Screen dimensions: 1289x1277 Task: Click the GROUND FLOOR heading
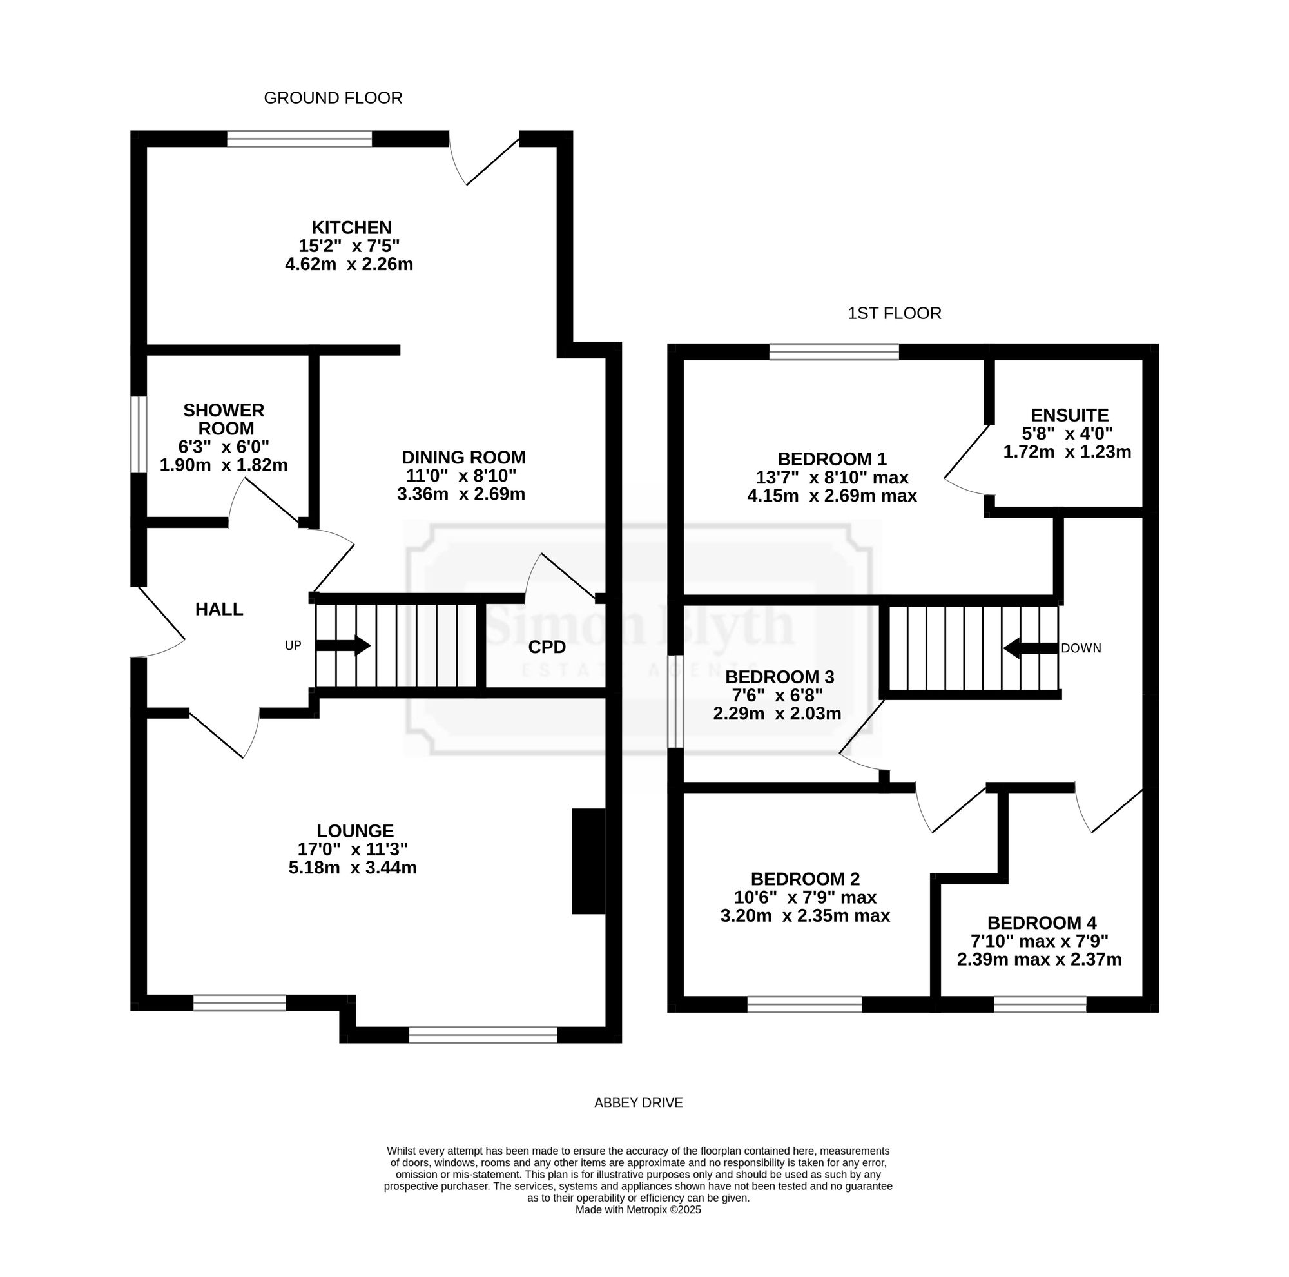(x=333, y=98)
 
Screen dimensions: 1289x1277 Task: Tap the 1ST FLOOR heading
(x=894, y=313)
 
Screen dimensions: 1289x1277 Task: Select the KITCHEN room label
(x=352, y=228)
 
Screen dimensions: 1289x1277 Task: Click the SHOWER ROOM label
(x=224, y=419)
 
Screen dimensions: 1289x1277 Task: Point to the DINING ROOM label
(x=463, y=458)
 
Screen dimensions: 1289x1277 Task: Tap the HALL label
(x=219, y=609)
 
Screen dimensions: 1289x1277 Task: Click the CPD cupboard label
(x=547, y=647)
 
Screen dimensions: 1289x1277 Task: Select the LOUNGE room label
(x=355, y=832)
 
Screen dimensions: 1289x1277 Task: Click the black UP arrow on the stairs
(x=343, y=646)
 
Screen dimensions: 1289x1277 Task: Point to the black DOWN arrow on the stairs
(x=1031, y=648)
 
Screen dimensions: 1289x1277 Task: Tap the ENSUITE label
(x=1069, y=416)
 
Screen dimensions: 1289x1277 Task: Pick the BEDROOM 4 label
(x=1042, y=923)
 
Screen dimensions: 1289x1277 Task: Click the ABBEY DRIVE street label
(x=639, y=1103)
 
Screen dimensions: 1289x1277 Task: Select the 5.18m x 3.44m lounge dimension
(x=353, y=868)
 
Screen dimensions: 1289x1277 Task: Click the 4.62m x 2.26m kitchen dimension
(x=349, y=264)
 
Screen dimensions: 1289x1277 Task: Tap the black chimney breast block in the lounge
(x=588, y=861)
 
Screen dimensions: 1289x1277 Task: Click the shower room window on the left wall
(x=138, y=435)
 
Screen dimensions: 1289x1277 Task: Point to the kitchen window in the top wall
(x=300, y=139)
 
